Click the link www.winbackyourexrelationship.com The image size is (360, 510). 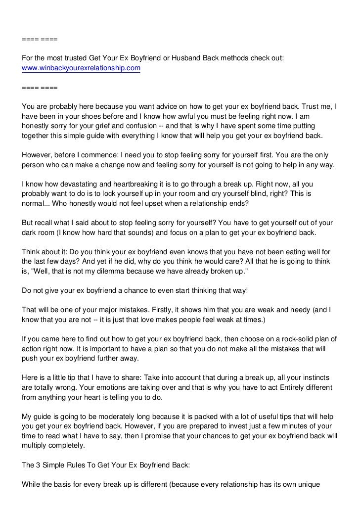coord(81,68)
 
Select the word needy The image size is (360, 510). coord(282,310)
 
